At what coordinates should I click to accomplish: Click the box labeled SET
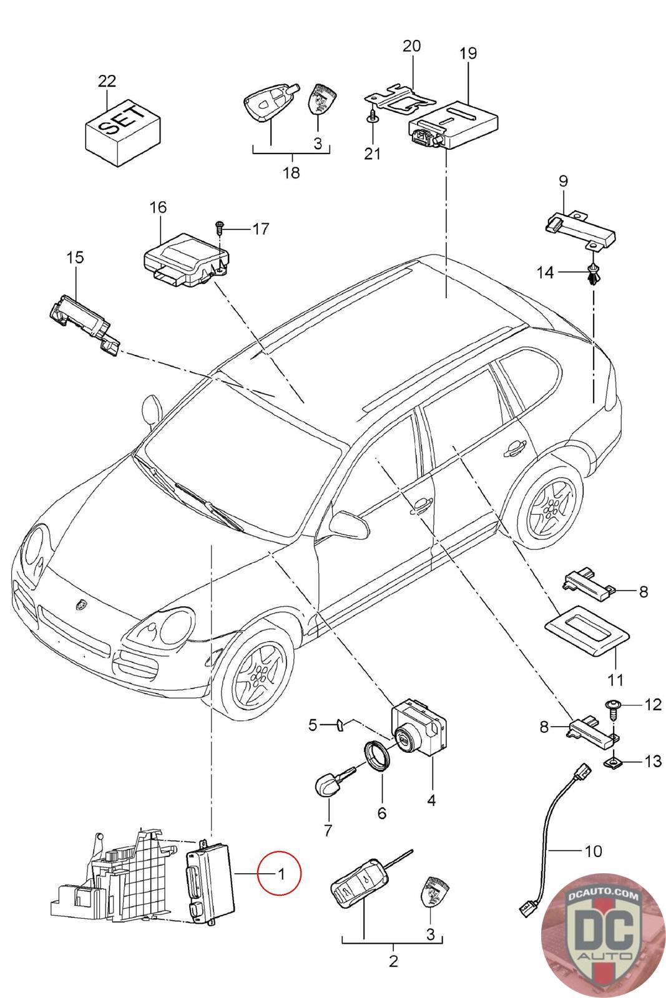(122, 130)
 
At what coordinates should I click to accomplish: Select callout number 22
(107, 81)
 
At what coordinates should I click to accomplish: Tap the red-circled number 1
(281, 874)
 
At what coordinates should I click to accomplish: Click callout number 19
(468, 54)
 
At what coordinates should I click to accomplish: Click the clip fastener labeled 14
(591, 273)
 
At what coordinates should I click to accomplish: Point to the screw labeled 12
(612, 705)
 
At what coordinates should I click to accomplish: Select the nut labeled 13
(612, 761)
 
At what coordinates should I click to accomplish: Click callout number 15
(75, 257)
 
